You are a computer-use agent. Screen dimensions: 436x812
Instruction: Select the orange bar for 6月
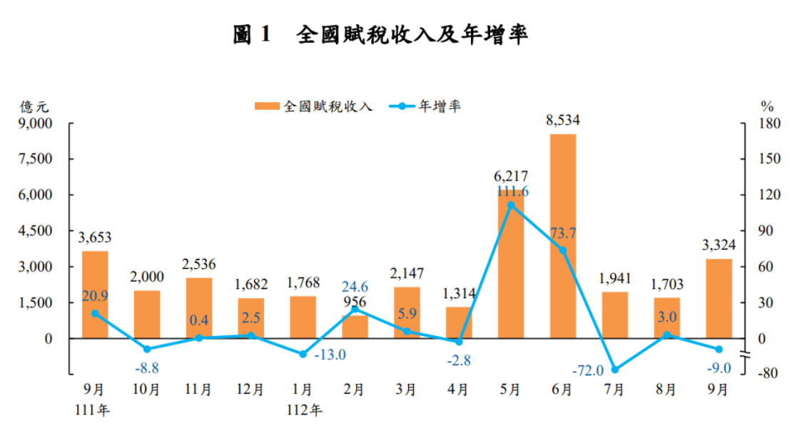point(562,235)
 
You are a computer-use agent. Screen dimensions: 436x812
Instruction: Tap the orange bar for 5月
point(510,264)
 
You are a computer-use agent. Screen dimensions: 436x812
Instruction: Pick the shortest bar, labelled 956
point(355,326)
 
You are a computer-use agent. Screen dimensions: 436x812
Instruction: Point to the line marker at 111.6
point(511,206)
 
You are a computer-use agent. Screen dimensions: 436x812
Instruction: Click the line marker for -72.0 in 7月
point(614,369)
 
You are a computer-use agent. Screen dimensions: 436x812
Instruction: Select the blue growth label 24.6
point(355,287)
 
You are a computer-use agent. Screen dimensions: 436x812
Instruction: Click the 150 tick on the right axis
point(766,159)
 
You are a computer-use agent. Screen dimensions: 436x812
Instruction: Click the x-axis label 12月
point(250,390)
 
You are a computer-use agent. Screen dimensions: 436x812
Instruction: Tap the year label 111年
point(95,410)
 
